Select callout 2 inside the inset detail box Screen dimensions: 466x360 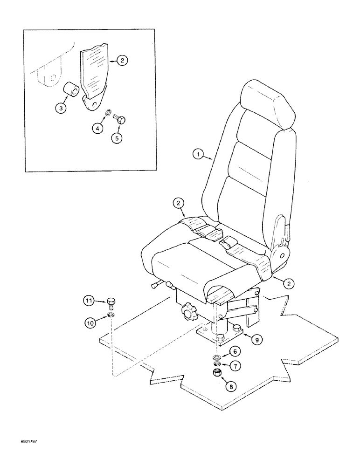pos(121,60)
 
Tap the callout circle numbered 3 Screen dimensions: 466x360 pos(61,108)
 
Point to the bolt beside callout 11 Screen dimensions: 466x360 pos(111,303)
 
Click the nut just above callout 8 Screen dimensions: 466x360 pos(217,373)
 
